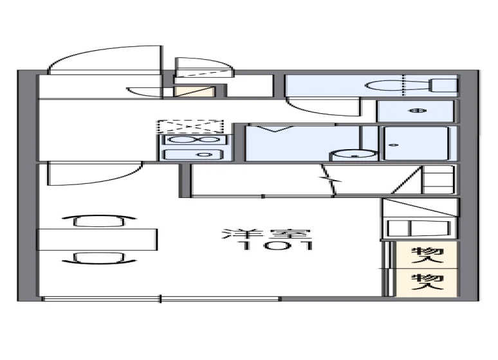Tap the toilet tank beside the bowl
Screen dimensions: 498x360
click(443, 85)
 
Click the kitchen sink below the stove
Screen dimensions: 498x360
click(193, 154)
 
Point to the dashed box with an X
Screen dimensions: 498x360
click(190, 127)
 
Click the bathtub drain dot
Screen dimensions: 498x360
click(394, 145)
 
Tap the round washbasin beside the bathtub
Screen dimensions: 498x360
click(354, 155)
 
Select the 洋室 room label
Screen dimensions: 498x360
click(266, 234)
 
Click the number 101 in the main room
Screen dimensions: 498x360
click(277, 246)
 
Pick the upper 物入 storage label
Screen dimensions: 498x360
click(427, 255)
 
